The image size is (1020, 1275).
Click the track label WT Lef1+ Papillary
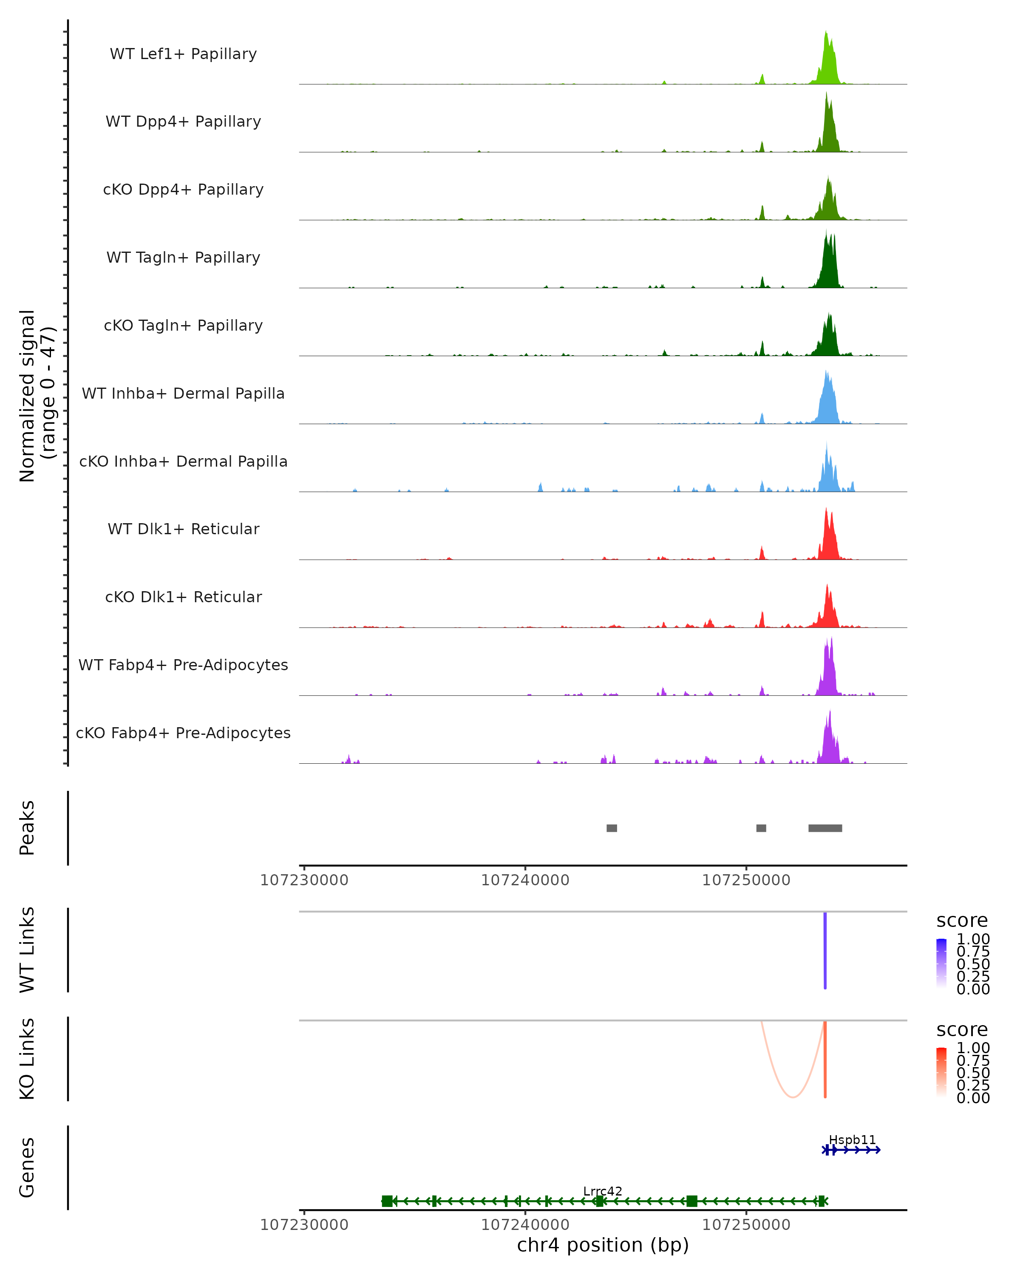(x=183, y=54)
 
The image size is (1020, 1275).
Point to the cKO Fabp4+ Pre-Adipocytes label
(x=183, y=733)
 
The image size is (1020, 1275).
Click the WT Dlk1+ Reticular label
(x=183, y=529)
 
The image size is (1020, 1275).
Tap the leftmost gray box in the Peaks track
(x=612, y=828)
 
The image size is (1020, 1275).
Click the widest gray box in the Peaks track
(x=825, y=828)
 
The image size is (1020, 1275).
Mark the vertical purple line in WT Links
(x=825, y=949)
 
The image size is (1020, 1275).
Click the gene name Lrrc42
(x=603, y=1191)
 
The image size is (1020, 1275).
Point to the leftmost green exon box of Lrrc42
(x=387, y=1201)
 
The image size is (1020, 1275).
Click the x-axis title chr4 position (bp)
(x=603, y=1245)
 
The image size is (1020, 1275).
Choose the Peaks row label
(x=27, y=828)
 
